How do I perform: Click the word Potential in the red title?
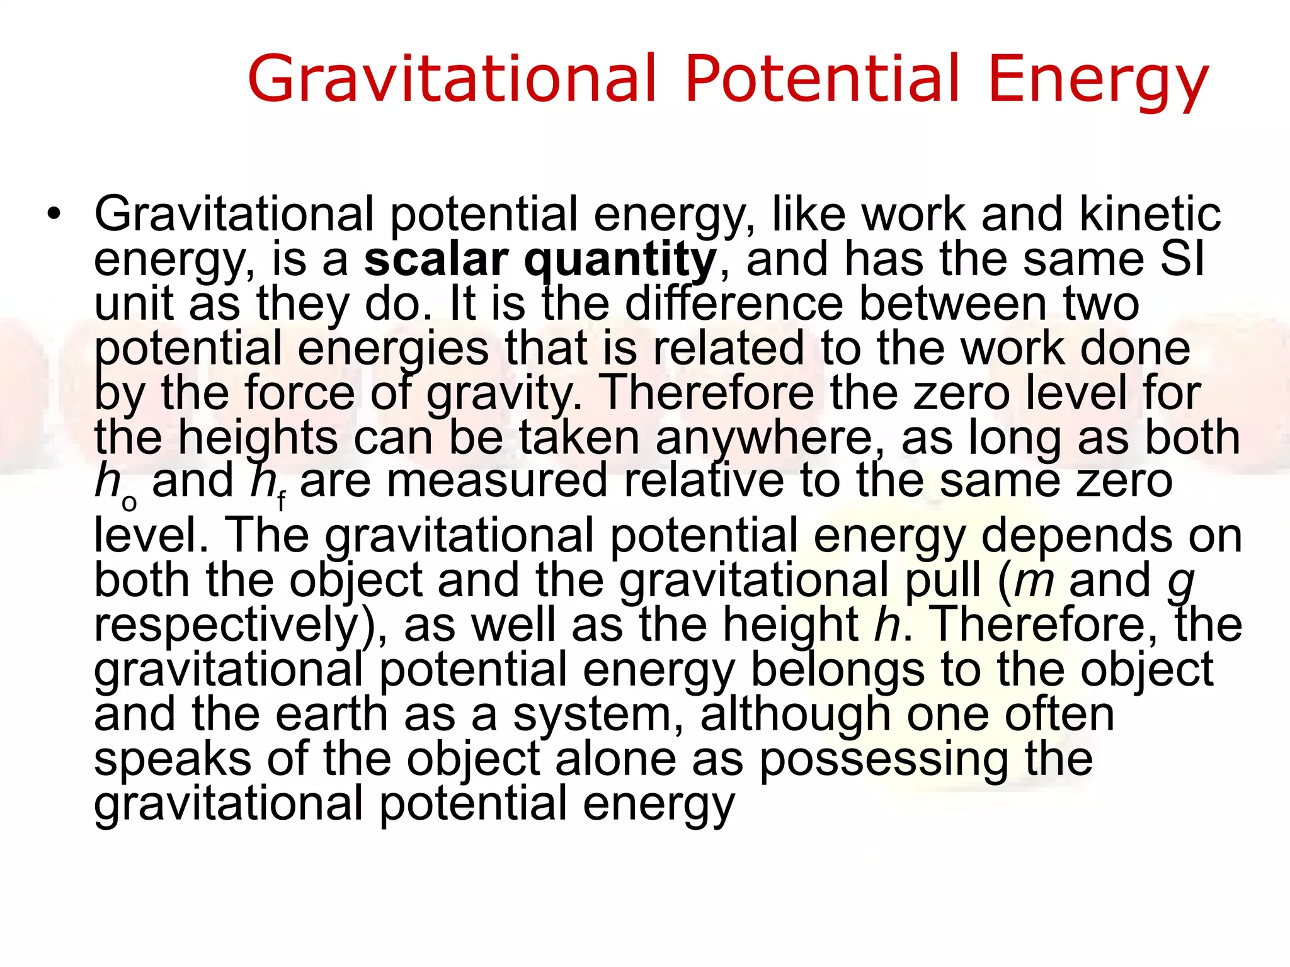[x=823, y=78]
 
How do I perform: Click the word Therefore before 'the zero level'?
[x=708, y=393]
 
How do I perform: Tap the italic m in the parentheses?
[x=1034, y=580]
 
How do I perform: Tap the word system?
[x=597, y=716]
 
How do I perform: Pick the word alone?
[x=615, y=759]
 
